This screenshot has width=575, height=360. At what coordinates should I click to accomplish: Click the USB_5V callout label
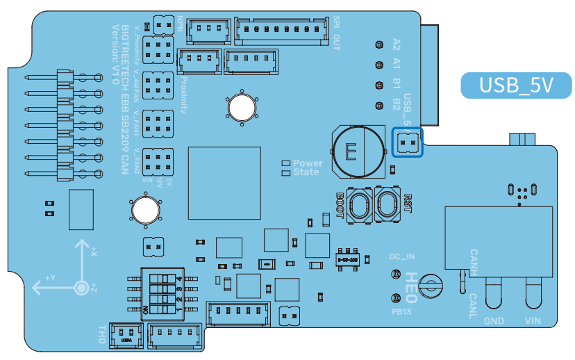(517, 85)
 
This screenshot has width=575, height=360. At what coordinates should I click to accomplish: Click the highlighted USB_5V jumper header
(408, 142)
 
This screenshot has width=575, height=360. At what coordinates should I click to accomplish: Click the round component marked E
(357, 150)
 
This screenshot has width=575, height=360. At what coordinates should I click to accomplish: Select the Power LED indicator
(285, 163)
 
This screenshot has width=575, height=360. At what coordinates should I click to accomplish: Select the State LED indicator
(285, 172)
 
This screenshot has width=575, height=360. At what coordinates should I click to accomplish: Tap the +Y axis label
(49, 278)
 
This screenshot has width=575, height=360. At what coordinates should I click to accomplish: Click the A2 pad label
(397, 45)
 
